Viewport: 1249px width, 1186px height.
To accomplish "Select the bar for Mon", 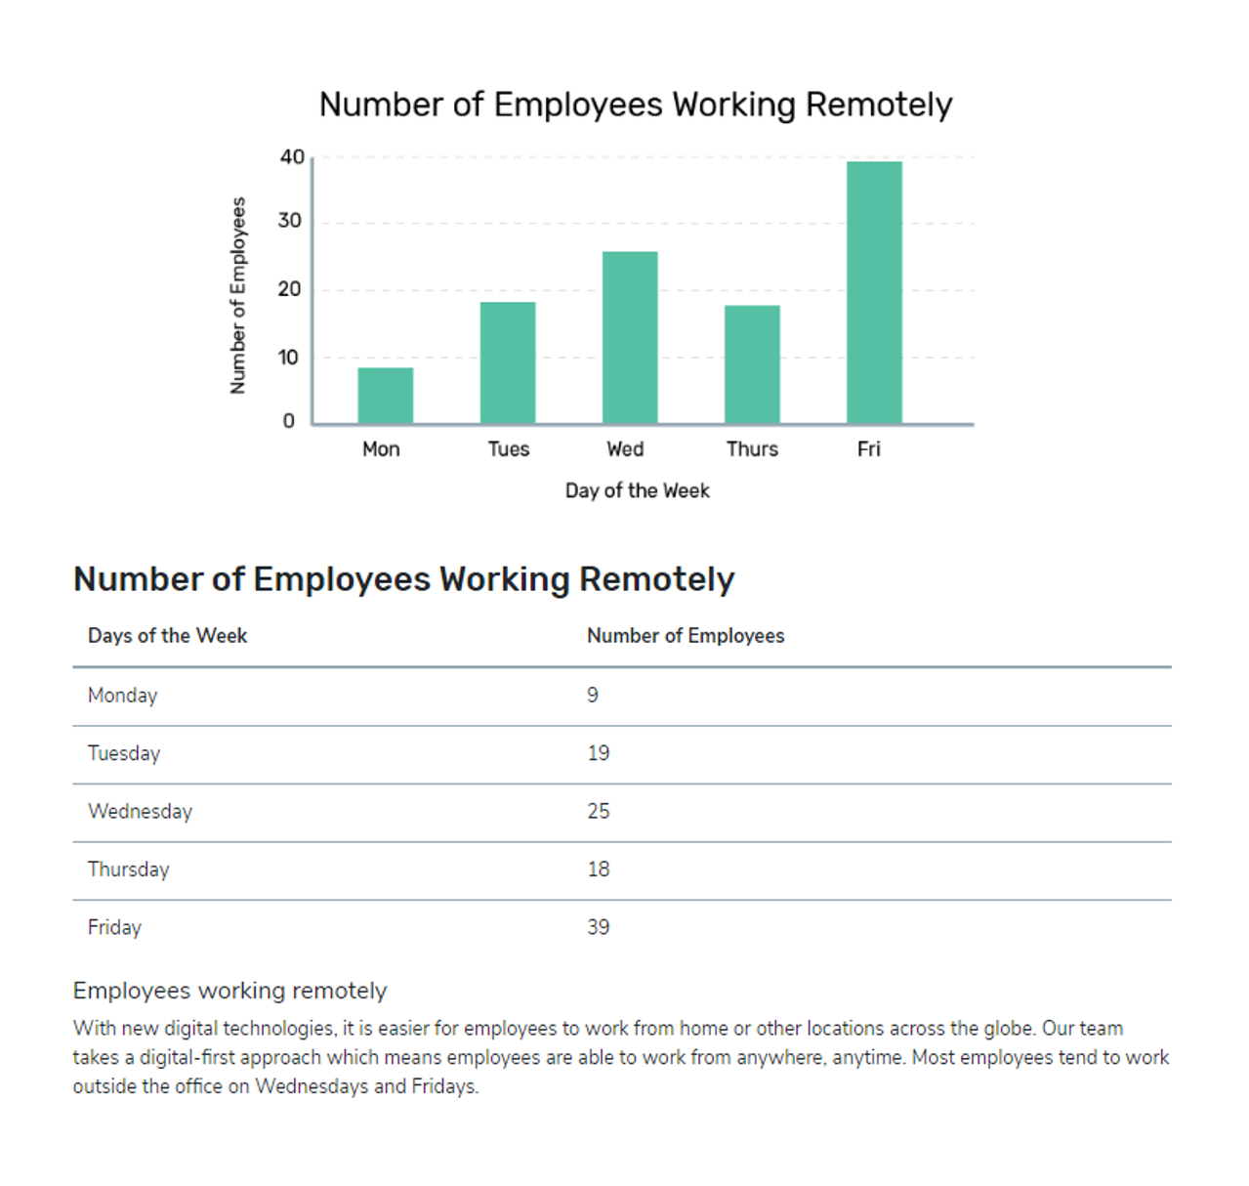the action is pyautogui.click(x=385, y=396).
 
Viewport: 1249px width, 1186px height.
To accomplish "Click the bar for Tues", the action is pyautogui.click(x=508, y=362).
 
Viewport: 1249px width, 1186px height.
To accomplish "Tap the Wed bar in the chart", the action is pyautogui.click(x=630, y=337).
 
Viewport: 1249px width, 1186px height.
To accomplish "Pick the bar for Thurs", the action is pyautogui.click(x=752, y=364).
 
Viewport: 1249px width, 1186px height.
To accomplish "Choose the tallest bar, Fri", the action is pyautogui.click(x=874, y=292).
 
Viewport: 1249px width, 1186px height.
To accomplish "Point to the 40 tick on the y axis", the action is pyautogui.click(x=292, y=157).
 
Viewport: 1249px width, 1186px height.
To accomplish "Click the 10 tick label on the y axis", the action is pyautogui.click(x=288, y=358).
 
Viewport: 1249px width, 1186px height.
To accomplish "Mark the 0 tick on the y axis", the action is pyautogui.click(x=288, y=421).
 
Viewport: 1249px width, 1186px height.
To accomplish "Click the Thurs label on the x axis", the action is pyautogui.click(x=752, y=449).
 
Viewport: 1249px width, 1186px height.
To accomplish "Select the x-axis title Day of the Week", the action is pyautogui.click(x=638, y=490).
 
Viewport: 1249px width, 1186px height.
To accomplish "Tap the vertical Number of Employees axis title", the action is pyautogui.click(x=237, y=296).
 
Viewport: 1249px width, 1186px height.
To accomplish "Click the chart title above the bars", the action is pyautogui.click(x=636, y=105).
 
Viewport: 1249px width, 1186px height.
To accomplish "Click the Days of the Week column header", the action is pyautogui.click(x=167, y=636).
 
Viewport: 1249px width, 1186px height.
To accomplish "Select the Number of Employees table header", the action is pyautogui.click(x=686, y=636).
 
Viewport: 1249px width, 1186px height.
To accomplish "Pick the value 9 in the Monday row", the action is pyautogui.click(x=592, y=695).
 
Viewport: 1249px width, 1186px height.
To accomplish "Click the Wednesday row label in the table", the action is pyautogui.click(x=140, y=812).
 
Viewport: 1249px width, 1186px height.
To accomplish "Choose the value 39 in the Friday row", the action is pyautogui.click(x=598, y=927).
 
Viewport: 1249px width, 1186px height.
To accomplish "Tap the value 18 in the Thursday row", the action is pyautogui.click(x=598, y=869).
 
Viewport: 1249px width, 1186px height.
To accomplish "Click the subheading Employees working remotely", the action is pyautogui.click(x=229, y=991).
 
